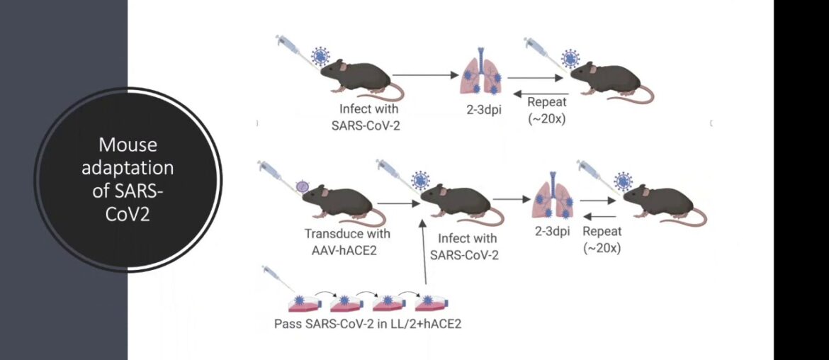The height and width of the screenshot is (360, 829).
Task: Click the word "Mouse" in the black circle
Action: point(128,145)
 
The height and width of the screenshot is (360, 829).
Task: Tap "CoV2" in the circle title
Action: point(128,215)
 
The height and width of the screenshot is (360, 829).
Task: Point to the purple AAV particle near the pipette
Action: point(303,187)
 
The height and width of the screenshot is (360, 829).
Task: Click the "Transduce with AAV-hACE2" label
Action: point(338,240)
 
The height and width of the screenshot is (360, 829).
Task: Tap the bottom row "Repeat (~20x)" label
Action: point(602,240)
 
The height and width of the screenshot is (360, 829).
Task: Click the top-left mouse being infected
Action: point(358,75)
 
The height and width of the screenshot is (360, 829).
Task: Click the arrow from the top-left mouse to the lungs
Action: point(422,74)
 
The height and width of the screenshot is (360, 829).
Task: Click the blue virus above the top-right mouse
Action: point(569,57)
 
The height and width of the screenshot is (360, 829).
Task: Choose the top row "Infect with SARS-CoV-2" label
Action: point(368,117)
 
